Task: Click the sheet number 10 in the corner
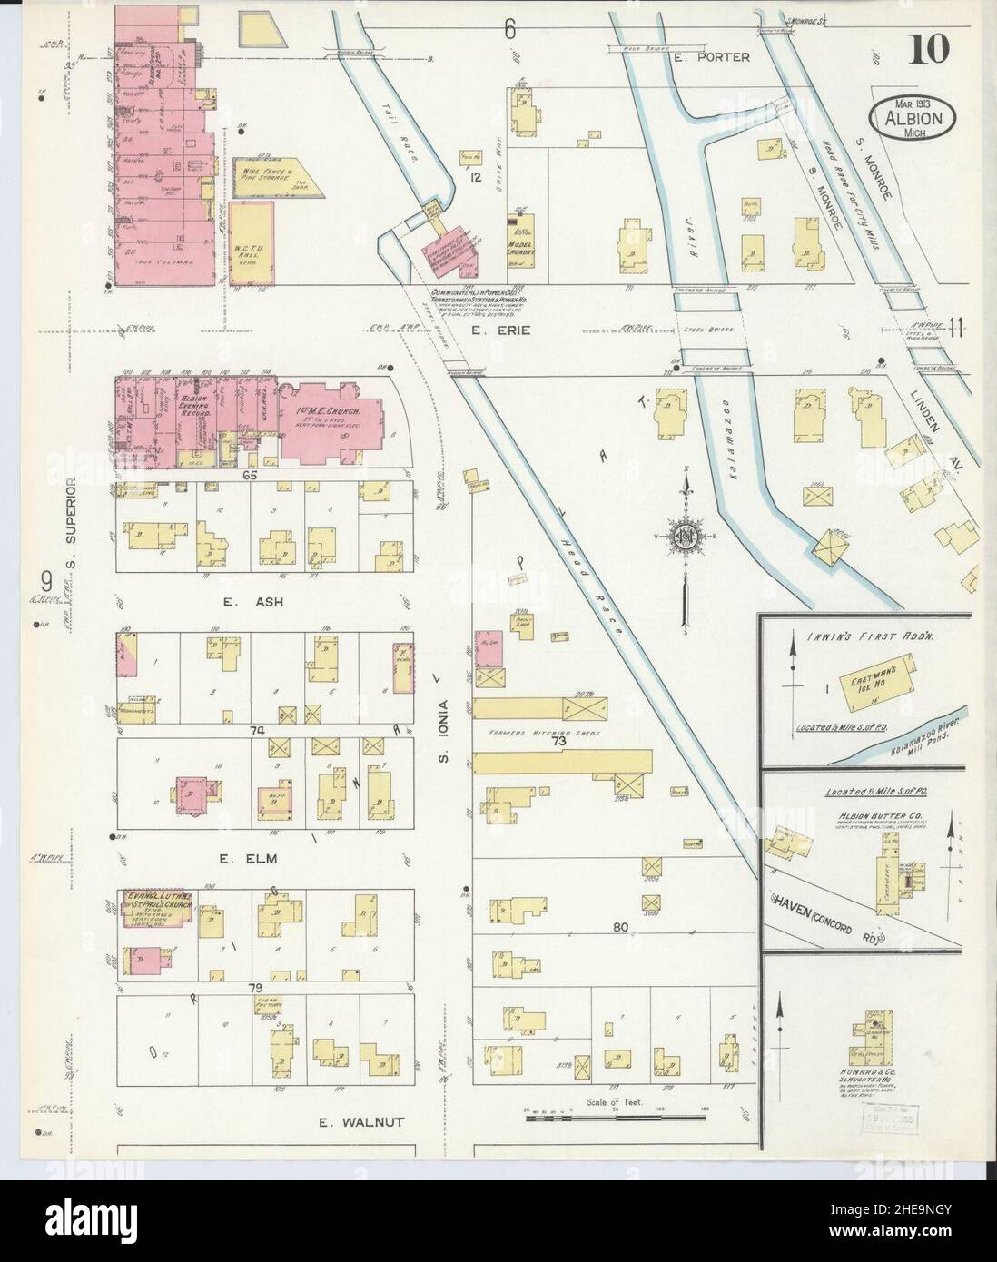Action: click(927, 51)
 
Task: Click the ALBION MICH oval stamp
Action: click(910, 117)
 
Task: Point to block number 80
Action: click(620, 928)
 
